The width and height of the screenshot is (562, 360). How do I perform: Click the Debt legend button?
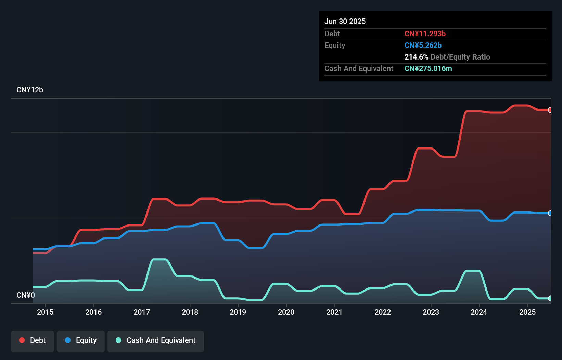[x=33, y=340]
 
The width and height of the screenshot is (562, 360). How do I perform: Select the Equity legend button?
[x=81, y=340]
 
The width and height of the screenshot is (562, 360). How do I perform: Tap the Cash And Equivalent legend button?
[x=156, y=340]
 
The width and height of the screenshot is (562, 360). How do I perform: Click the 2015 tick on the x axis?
[x=45, y=312]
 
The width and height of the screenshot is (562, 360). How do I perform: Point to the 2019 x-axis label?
[x=238, y=312]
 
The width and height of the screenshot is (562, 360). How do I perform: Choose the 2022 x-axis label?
[x=382, y=312]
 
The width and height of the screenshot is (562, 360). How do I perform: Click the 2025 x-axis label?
[x=527, y=312]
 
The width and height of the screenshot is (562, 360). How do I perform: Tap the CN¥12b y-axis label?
[x=30, y=90]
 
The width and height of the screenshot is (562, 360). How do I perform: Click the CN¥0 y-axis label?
[x=26, y=295]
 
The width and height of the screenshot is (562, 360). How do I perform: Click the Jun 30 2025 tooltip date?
[x=345, y=21]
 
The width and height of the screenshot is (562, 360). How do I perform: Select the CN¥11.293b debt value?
[x=425, y=34]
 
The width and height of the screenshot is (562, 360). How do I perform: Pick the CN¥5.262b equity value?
[x=423, y=45]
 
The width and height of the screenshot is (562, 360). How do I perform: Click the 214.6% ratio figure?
[x=416, y=57]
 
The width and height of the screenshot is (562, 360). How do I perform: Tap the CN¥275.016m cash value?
[x=428, y=68]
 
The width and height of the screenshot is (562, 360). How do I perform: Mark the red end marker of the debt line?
[x=550, y=110]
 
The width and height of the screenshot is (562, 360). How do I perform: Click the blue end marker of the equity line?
[x=550, y=213]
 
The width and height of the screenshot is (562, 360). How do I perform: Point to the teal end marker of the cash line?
[x=550, y=298]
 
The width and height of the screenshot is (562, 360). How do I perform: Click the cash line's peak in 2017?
[x=159, y=260]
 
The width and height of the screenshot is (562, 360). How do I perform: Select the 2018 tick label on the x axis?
[x=190, y=312]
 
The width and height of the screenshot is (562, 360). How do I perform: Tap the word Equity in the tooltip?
[x=335, y=45]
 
